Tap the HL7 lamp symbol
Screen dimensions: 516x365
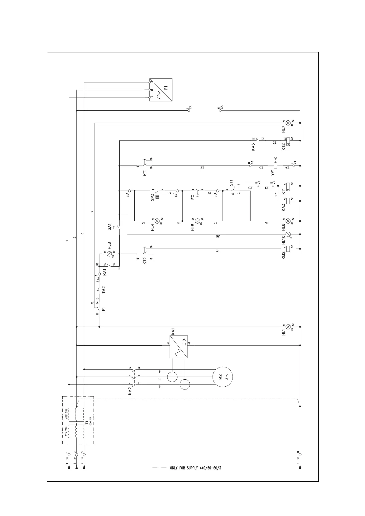288,123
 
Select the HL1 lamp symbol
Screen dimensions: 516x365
288,327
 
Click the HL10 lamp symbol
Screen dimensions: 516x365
288,235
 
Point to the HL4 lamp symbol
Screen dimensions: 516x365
157,221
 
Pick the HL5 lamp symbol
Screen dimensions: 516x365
198,221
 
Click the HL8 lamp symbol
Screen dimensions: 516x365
109,254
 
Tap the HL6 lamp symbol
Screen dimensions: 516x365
288,221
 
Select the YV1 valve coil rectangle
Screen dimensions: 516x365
275,166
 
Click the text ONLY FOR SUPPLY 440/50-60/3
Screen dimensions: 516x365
195,477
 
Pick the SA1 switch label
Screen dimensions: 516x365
109,227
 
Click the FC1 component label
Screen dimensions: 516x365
193,196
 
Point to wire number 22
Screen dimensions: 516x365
203,168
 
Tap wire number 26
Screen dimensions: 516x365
218,236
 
